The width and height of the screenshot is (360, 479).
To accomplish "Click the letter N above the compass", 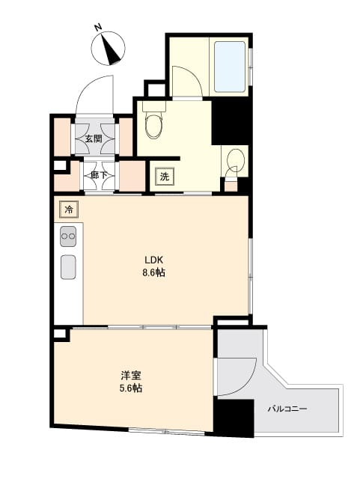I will (97, 28).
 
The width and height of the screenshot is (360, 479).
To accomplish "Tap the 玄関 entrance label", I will (94, 138).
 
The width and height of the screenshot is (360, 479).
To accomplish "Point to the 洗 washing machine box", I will (164, 177).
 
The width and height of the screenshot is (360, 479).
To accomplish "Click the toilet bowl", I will (154, 124).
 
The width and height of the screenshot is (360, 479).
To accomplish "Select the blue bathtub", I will (230, 66).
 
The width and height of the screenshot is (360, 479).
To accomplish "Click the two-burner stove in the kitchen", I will (68, 236).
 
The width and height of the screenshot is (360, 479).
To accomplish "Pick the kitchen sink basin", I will (68, 266).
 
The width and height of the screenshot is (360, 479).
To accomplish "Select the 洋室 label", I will (131, 376).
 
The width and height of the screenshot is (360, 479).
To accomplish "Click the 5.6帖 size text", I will (131, 389).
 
